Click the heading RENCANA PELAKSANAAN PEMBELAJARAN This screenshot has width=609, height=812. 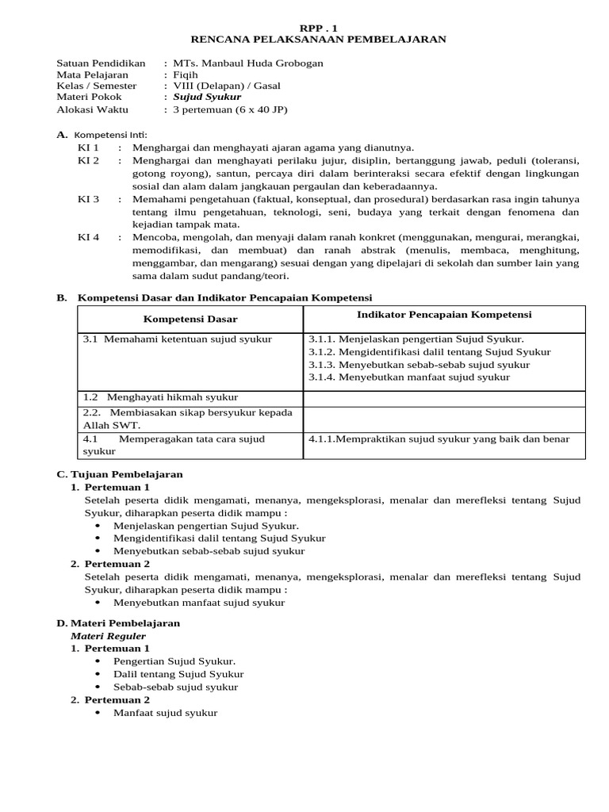pos(318,38)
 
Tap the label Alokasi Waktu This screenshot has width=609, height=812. pos(92,109)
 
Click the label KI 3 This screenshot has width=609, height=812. pos(88,199)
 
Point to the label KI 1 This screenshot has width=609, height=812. pos(88,147)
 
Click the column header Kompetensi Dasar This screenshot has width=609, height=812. pos(190,319)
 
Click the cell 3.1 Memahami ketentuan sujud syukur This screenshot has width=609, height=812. pos(178,339)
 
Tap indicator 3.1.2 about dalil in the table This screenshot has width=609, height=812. pos(430,352)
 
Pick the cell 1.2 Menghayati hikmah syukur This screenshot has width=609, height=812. pos(161,396)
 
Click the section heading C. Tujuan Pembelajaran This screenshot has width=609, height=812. pos(120,474)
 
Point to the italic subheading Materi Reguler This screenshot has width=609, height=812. pos(109,636)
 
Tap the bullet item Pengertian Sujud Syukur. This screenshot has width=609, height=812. pos(174,661)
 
